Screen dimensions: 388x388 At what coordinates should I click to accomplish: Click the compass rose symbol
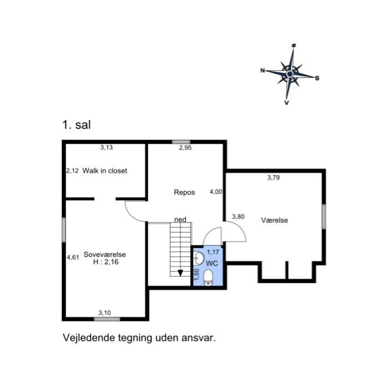[x=289, y=73]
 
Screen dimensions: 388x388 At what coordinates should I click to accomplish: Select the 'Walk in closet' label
[x=105, y=171]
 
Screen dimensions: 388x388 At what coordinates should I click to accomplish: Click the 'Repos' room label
[x=184, y=192]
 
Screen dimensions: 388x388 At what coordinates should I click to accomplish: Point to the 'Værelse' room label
[x=274, y=220]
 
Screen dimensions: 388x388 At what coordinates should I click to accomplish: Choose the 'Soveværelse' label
[x=105, y=254]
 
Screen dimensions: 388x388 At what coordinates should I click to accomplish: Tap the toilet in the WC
[x=208, y=277]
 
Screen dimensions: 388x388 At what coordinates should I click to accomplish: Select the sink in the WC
[x=198, y=258]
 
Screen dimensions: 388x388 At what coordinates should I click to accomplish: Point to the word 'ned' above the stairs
[x=180, y=219]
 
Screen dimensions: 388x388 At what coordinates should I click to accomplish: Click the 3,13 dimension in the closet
[x=106, y=147]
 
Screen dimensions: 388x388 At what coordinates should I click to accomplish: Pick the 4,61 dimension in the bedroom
[x=72, y=257]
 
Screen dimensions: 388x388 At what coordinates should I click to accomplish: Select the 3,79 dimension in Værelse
[x=273, y=178]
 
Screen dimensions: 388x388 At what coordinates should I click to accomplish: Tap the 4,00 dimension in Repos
[x=216, y=192]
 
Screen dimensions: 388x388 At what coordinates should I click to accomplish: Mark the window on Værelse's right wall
[x=323, y=216]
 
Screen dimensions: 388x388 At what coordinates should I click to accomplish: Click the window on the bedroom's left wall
[x=64, y=229]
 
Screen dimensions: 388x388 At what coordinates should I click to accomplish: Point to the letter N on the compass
[x=263, y=70]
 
